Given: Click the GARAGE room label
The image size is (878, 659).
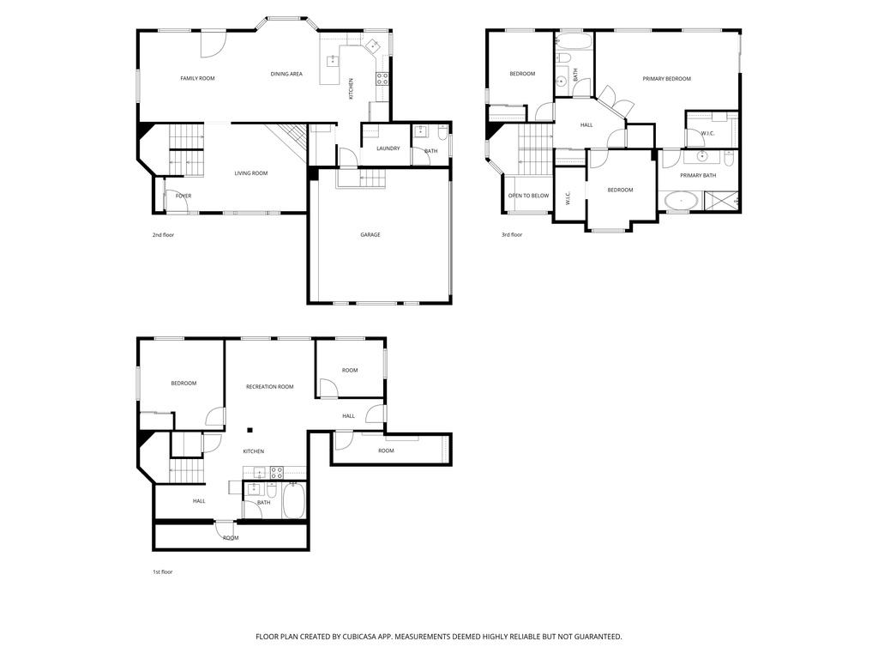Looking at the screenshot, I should click(370, 235).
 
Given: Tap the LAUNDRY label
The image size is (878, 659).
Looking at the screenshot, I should click(388, 148).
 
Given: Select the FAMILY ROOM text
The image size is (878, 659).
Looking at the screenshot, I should click(197, 78).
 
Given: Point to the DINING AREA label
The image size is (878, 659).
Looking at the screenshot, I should click(286, 74).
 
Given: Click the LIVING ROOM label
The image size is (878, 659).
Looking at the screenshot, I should click(251, 173).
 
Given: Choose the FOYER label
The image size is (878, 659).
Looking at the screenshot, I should click(183, 196).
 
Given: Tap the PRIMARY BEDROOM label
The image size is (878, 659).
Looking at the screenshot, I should click(666, 79).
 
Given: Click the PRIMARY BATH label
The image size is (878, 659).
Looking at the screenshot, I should click(697, 176).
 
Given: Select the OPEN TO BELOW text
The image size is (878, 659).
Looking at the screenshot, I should click(528, 196).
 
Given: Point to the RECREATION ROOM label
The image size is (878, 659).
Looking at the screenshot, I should click(269, 387).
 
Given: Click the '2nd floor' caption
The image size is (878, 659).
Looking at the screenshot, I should click(163, 234).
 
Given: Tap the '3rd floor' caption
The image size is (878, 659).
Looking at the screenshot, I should click(511, 234).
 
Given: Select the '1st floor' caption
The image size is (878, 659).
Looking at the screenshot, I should click(162, 571).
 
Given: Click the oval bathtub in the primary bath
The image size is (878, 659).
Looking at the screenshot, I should click(682, 202).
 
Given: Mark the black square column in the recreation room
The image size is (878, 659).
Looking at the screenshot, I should click(250, 430).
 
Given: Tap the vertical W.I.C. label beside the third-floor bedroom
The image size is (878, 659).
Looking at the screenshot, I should click(568, 198).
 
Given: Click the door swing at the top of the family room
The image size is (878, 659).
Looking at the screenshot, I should click(213, 43).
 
